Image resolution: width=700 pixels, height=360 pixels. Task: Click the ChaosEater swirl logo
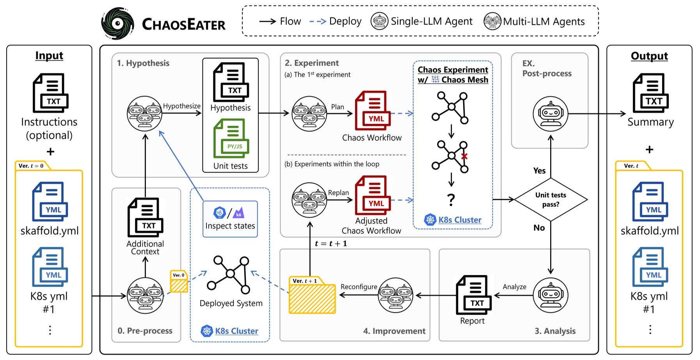tap(117, 24)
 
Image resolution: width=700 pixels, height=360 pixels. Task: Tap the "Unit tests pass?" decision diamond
tap(551, 200)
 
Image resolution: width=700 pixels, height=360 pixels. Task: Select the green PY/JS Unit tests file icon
tap(231, 139)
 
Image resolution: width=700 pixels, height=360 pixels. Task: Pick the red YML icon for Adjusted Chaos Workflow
tap(373, 195)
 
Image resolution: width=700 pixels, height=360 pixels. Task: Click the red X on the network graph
tap(464, 156)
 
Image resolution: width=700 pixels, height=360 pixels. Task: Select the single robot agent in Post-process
tap(550, 114)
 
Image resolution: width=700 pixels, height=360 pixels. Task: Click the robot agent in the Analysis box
tap(550, 295)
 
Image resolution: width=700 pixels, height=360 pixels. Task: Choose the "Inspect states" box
tap(230, 219)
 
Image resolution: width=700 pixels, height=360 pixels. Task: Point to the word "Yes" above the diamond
tap(539, 171)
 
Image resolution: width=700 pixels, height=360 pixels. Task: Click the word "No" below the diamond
tap(539, 228)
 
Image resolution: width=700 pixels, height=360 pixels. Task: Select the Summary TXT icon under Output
tap(650, 93)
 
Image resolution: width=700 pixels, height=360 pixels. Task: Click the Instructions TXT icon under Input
tap(50, 93)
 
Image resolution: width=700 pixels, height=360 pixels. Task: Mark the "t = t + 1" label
tap(331, 244)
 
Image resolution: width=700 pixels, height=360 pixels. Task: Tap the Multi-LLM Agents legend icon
tap(492, 21)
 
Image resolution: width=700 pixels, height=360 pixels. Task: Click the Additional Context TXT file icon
tap(145, 217)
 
